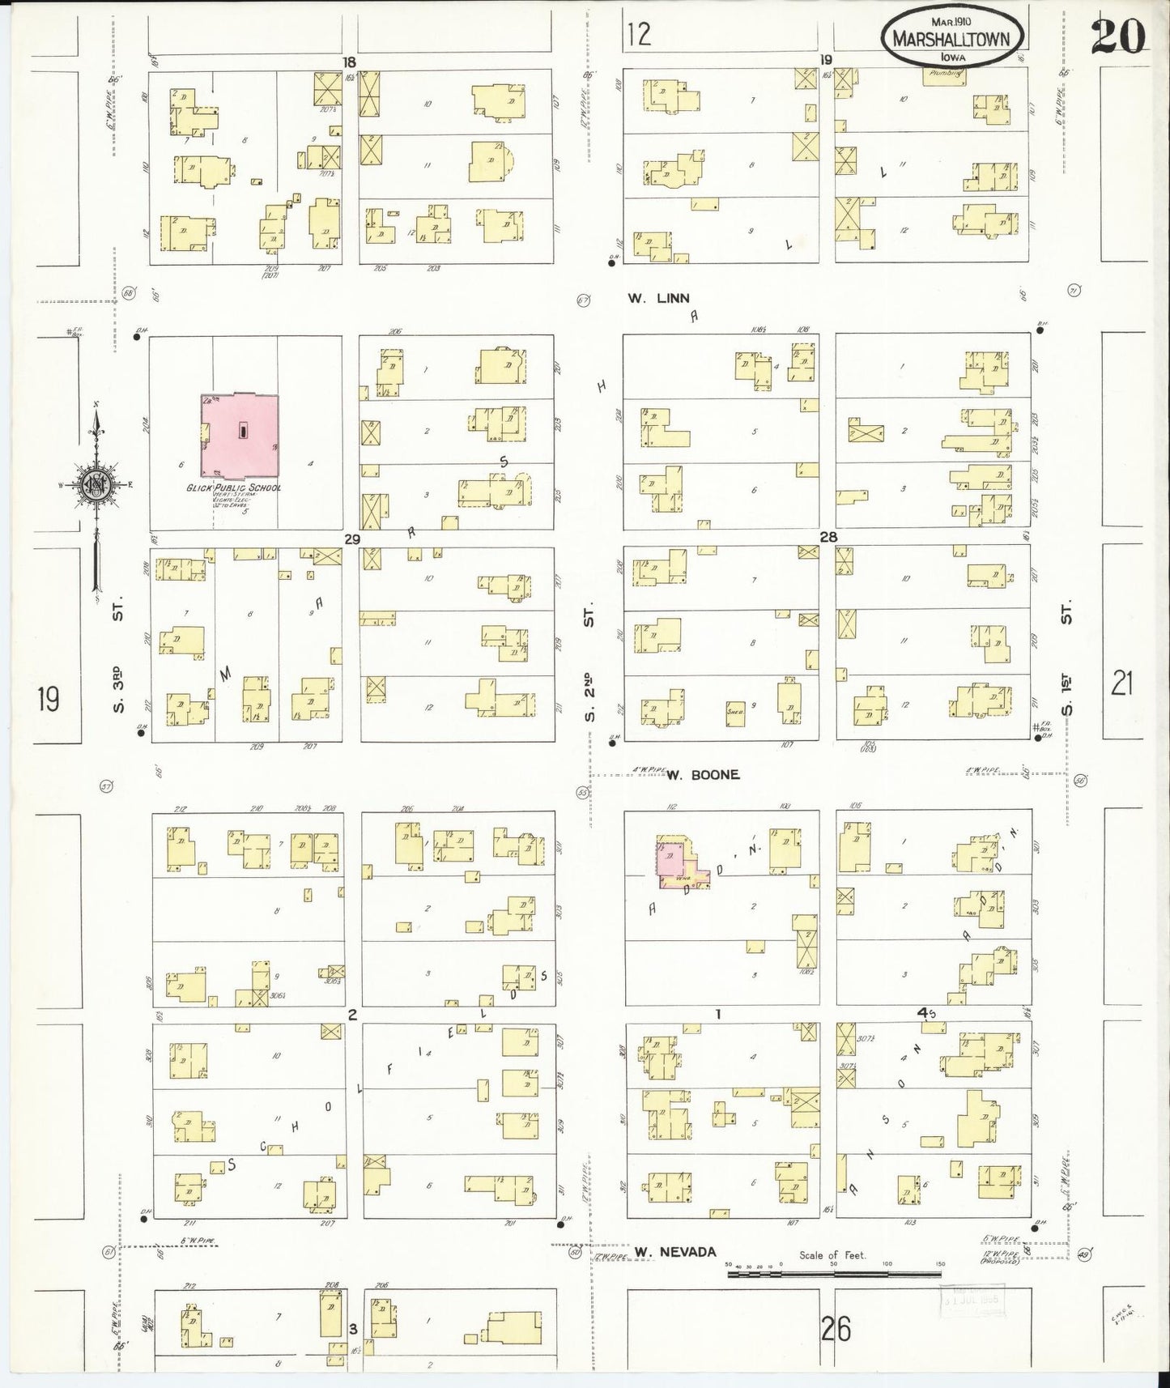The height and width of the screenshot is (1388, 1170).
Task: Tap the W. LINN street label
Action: [658, 299]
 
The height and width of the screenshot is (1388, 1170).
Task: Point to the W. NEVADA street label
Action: [675, 1252]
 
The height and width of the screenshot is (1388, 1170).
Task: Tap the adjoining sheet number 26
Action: [836, 1329]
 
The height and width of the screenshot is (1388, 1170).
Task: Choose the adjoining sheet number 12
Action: [639, 34]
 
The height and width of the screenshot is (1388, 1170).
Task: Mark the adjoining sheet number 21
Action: [1121, 685]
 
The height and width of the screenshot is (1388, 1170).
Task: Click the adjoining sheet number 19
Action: [48, 699]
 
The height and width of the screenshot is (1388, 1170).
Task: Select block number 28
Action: [828, 537]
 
